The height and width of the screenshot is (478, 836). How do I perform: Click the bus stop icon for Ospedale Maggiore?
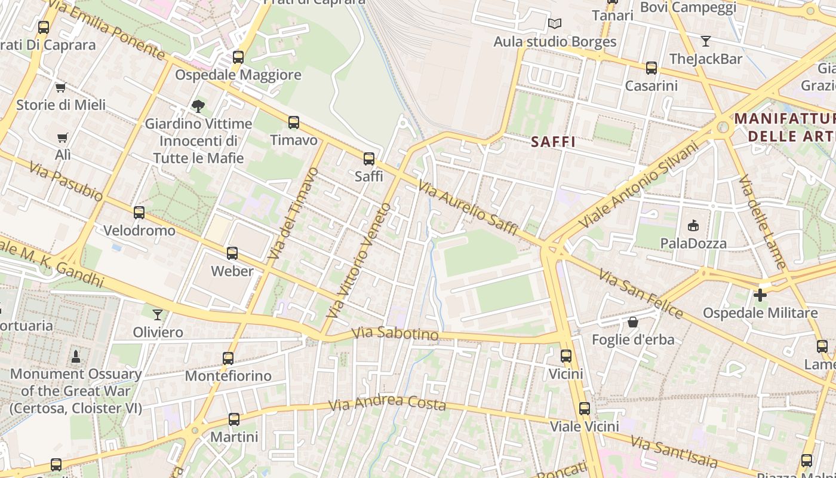click(238, 57)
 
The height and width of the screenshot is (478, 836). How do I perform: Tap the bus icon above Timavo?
click(293, 122)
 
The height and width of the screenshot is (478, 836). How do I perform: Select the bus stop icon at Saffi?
click(369, 159)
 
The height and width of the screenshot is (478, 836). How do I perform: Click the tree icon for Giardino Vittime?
click(198, 106)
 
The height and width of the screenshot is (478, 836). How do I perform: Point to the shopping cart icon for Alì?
click(63, 138)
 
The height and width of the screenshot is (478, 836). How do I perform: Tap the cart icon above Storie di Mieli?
click(60, 88)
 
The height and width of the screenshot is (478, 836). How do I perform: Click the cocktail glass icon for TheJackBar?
click(706, 41)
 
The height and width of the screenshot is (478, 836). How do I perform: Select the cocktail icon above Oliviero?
click(158, 314)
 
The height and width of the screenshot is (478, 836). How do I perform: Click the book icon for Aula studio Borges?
click(555, 24)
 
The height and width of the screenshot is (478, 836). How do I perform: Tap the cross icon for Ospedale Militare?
click(760, 295)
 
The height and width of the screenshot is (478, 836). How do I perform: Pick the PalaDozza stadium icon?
click(693, 225)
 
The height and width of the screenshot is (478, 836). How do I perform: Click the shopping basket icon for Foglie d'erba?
click(633, 322)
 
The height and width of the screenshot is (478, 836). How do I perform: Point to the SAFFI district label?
click(553, 142)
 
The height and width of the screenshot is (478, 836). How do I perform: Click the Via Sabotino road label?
click(395, 334)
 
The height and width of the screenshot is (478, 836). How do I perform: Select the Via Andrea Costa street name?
click(387, 403)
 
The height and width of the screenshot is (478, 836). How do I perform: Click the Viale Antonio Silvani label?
click(638, 184)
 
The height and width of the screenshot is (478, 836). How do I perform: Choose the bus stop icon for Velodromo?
click(139, 213)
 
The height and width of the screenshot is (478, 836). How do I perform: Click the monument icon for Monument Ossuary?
click(76, 357)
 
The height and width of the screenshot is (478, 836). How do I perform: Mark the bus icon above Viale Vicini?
click(584, 409)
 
